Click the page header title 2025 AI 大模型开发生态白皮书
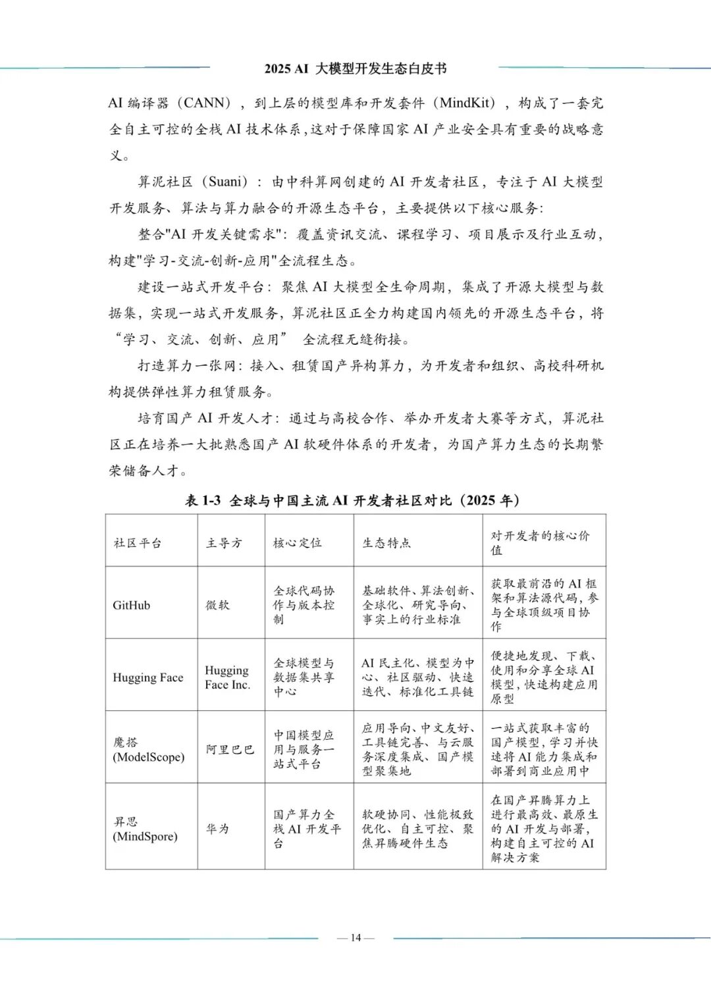(x=355, y=68)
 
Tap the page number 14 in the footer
(x=355, y=937)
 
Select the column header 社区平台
(x=138, y=543)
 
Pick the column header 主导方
(x=224, y=543)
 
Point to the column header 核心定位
(x=298, y=543)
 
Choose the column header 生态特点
(x=387, y=543)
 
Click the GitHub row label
(x=132, y=605)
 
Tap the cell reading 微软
(x=218, y=605)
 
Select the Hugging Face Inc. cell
(x=227, y=677)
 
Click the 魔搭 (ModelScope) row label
(x=149, y=750)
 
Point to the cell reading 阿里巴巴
(x=230, y=750)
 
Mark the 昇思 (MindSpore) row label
(x=145, y=829)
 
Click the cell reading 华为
(x=218, y=829)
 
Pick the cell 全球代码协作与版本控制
(x=304, y=605)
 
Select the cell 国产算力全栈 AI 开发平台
(x=307, y=829)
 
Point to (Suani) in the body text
(x=225, y=182)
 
